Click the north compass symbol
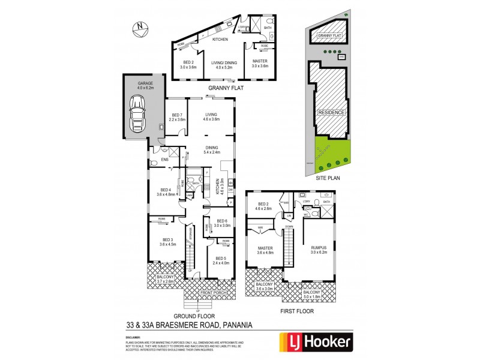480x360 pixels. [x=139, y=26]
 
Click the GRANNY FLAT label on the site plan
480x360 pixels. [x=330, y=36]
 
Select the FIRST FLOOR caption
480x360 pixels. [x=298, y=311]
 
